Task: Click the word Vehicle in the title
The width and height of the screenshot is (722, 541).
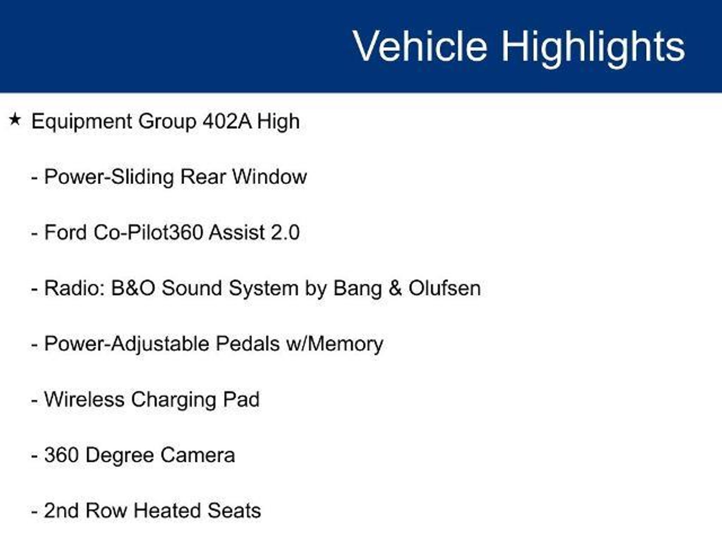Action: pyautogui.click(x=420, y=46)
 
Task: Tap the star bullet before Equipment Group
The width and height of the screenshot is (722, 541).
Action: pyautogui.click(x=15, y=119)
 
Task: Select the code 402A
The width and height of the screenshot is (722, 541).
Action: pyautogui.click(x=227, y=121)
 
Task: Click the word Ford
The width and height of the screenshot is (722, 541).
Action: pyautogui.click(x=66, y=232)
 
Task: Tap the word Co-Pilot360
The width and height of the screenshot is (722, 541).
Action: pyautogui.click(x=148, y=232)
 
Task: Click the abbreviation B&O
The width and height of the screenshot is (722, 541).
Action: pyautogui.click(x=133, y=288)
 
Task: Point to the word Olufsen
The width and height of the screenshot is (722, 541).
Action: pyautogui.click(x=445, y=288)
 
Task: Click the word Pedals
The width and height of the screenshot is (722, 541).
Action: pyautogui.click(x=247, y=344)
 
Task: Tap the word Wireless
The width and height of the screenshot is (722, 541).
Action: pyautogui.click(x=84, y=399)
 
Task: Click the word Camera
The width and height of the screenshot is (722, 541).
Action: pyautogui.click(x=198, y=455)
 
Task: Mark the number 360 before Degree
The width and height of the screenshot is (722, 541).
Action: pyautogui.click(x=62, y=455)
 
